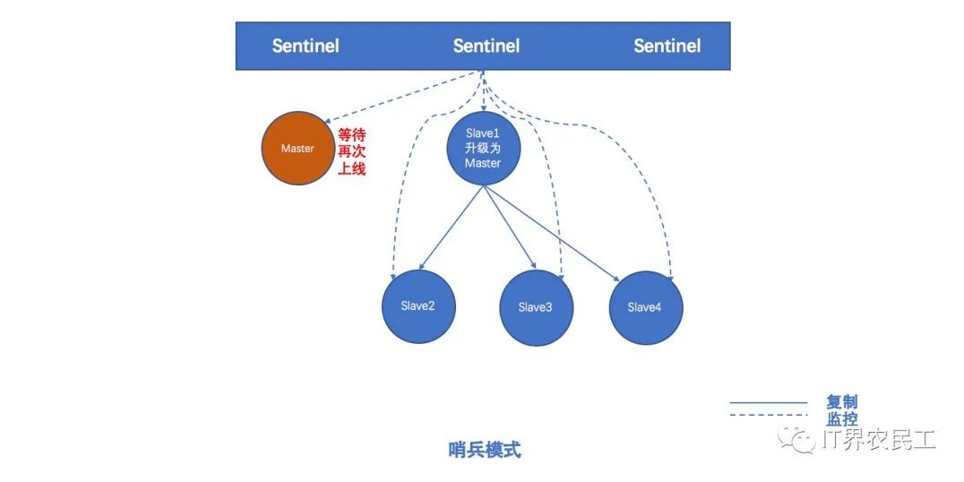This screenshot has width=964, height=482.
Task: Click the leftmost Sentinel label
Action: click(x=306, y=46)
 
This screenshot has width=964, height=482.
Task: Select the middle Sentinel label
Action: click(x=486, y=46)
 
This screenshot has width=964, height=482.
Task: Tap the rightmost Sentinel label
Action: click(x=667, y=46)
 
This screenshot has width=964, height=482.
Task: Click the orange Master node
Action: click(x=297, y=149)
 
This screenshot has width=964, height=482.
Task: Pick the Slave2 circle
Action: click(x=417, y=306)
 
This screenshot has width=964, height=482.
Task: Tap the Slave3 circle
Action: click(x=535, y=308)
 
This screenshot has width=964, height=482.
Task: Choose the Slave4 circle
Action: click(x=645, y=308)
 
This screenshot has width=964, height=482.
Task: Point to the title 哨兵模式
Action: click(x=484, y=450)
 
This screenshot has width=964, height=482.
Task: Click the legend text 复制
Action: click(x=841, y=403)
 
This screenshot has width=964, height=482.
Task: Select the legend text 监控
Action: click(x=841, y=418)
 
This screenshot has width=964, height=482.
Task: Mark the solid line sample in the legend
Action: click(x=769, y=403)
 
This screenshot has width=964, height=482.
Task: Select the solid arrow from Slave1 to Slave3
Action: click(x=508, y=228)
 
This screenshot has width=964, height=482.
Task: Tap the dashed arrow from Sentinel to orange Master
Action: click(x=403, y=97)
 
